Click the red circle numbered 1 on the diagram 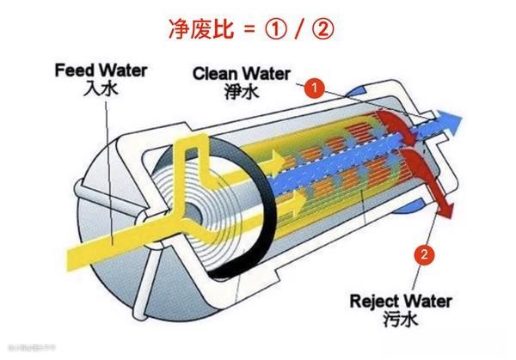click(x=315, y=87)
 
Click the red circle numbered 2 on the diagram click(x=422, y=253)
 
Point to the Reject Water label click(x=401, y=302)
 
